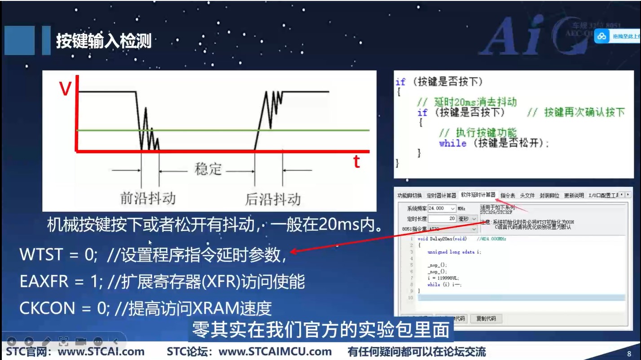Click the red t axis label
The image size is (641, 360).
356,162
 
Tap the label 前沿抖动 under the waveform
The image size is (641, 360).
148,198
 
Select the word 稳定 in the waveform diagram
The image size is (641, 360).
208,169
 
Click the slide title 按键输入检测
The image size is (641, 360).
104,41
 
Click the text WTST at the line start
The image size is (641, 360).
41,255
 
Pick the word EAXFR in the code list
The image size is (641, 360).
44,281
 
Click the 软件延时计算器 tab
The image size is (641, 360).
478,195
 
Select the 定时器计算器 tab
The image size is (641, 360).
441,195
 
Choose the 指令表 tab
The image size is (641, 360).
508,195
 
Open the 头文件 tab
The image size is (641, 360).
527,195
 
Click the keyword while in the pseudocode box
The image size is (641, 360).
452,143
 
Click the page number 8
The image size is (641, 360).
629,354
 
